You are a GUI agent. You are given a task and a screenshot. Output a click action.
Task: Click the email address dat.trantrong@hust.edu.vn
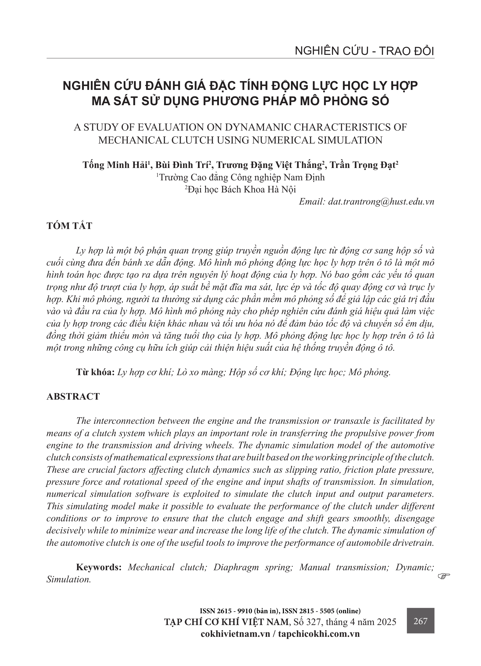pyautogui.click(x=381, y=202)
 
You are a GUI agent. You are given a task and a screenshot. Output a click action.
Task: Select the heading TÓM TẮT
pyautogui.click(x=69, y=226)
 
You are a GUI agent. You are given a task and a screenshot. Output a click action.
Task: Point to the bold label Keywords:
pyautogui.click(x=99, y=567)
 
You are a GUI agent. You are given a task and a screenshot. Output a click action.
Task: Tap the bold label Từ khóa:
pyautogui.click(x=95, y=372)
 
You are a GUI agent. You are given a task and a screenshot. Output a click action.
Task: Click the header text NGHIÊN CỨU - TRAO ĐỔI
pyautogui.click(x=364, y=51)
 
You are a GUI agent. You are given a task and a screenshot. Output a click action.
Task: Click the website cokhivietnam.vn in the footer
pyautogui.click(x=235, y=634)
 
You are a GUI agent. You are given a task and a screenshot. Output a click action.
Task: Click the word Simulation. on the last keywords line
pyautogui.click(x=68, y=579)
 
